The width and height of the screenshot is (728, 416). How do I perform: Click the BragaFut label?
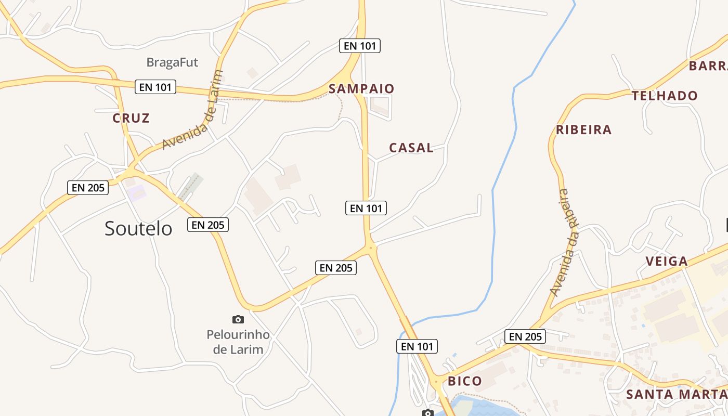[172, 62]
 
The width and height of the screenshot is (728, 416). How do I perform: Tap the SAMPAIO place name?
[361, 89]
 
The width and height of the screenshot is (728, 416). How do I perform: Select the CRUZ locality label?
[131, 118]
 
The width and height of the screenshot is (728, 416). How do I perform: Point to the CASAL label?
[411, 148]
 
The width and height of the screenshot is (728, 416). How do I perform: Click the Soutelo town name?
[138, 228]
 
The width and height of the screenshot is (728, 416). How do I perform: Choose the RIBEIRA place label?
[583, 129]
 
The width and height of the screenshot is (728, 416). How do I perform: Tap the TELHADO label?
[665, 96]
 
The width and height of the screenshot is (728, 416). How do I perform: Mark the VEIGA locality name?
[667, 261]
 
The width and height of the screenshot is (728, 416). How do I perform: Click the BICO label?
[465, 381]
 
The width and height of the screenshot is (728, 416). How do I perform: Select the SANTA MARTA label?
[676, 394]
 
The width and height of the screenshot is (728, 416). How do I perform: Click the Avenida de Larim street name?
[193, 111]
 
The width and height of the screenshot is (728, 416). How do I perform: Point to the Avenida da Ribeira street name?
[565, 242]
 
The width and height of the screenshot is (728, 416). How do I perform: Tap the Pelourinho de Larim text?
[238, 342]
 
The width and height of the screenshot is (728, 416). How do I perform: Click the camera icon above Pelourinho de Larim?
[238, 319]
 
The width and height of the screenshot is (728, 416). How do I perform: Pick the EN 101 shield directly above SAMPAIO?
[360, 46]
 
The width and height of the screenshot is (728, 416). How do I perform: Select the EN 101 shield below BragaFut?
[155, 87]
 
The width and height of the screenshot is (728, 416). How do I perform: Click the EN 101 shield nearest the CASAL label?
[366, 209]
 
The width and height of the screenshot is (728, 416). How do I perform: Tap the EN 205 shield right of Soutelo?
[207, 225]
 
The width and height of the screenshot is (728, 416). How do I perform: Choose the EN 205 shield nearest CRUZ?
[88, 188]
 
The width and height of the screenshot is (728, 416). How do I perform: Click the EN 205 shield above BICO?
[525, 336]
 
